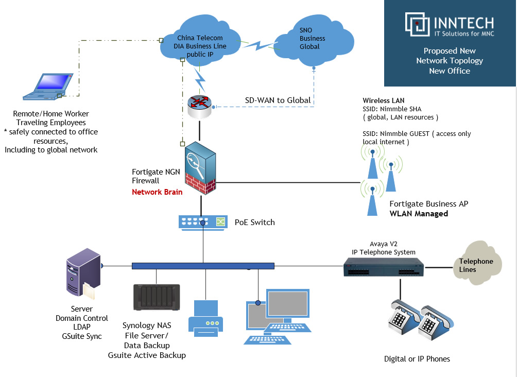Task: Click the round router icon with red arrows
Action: [200, 106]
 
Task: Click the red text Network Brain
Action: [157, 192]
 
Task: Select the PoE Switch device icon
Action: [203, 222]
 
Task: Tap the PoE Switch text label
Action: [254, 222]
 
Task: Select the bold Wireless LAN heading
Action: [384, 100]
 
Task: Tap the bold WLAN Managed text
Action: [419, 213]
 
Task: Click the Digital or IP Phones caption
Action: [417, 358]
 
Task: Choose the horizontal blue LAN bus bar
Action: [203, 266]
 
